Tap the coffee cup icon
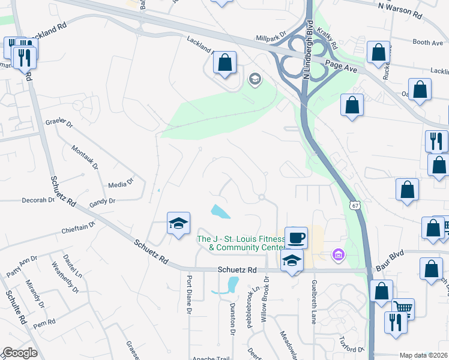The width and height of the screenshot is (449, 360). point(296,238)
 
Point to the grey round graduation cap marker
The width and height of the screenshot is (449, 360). point(255,79)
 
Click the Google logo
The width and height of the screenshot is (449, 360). point(19,353)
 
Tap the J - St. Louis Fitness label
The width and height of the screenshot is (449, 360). point(241,243)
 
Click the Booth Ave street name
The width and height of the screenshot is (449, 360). point(427,43)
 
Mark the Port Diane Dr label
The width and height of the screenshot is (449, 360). point(188,295)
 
